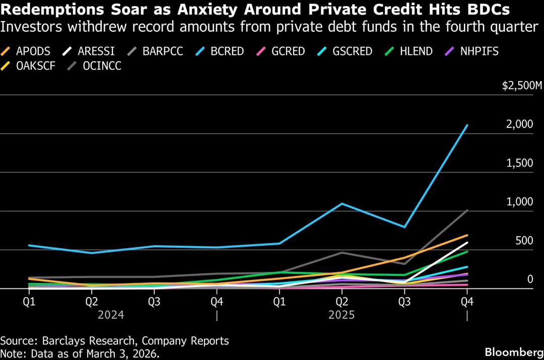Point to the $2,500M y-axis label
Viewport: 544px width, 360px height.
coord(521,86)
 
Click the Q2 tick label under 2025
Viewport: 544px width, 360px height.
coord(342,302)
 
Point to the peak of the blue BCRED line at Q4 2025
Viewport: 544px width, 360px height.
coord(467,125)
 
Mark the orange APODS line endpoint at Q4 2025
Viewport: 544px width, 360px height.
coord(467,235)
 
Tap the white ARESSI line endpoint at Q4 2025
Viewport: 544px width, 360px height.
coord(467,243)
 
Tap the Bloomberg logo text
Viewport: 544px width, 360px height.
coord(511,351)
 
